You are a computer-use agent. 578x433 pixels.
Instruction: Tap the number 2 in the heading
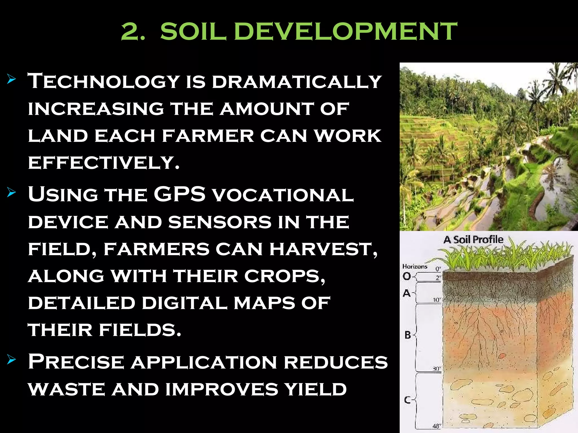tap(130, 32)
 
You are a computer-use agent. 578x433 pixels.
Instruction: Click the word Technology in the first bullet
tap(104, 81)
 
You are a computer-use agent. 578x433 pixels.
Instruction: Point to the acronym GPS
tap(180, 194)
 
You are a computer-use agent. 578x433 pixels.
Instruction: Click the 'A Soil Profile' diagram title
tap(473, 240)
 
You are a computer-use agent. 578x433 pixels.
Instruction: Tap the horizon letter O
tap(407, 276)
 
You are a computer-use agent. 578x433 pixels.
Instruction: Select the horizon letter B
tap(408, 335)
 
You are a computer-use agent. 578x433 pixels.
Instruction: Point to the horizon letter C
tap(407, 400)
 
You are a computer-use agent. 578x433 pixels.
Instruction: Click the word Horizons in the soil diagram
tap(415, 266)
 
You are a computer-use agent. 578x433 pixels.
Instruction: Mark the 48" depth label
tap(436, 426)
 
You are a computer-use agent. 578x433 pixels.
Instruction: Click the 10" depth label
tap(437, 300)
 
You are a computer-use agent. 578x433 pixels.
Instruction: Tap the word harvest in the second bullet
tap(323, 250)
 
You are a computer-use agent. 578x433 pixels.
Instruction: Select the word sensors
tap(220, 223)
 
